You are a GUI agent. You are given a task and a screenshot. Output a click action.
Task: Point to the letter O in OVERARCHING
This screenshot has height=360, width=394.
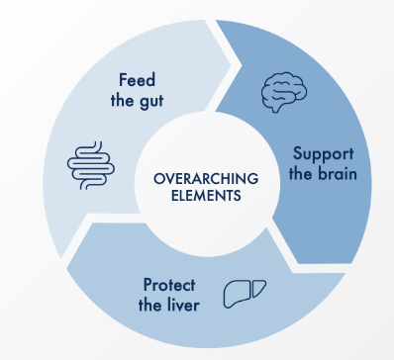[157, 178]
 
